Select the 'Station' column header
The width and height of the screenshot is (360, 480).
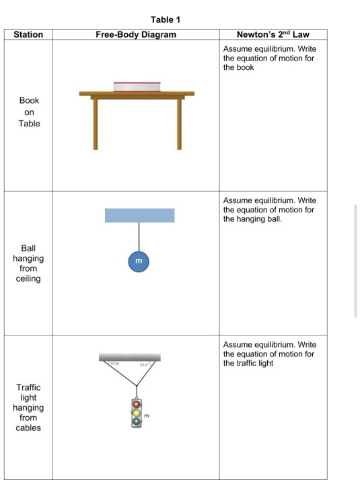tap(28, 34)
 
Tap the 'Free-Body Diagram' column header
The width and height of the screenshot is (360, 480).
tap(136, 34)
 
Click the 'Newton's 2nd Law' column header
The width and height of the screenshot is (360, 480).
tap(273, 34)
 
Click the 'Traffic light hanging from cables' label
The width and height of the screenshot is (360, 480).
tap(28, 407)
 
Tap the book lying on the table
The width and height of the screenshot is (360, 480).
tap(137, 85)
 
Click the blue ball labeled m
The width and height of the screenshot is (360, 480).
tap(139, 260)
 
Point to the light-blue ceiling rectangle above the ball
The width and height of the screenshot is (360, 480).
tap(139, 215)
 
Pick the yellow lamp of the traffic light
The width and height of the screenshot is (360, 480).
tap(137, 413)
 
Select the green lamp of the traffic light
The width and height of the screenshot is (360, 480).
tap(137, 422)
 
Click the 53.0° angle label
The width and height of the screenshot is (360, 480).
tap(144, 365)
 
